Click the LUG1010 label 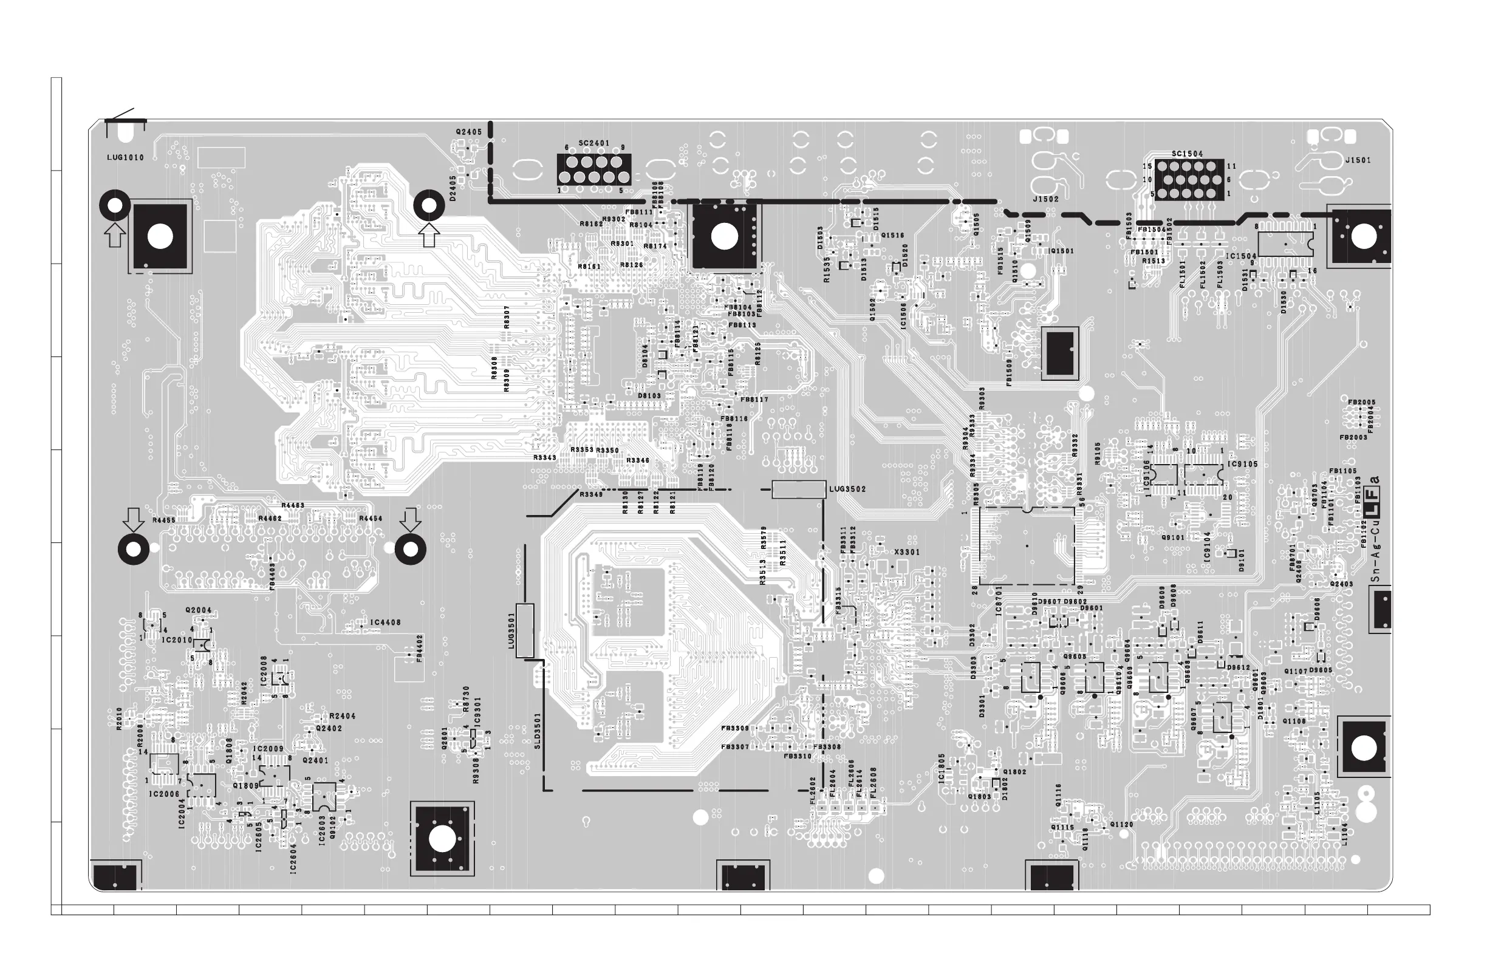126,157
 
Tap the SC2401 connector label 593,144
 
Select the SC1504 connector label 1187,154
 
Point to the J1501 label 1358,160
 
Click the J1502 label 1046,200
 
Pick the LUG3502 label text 848,489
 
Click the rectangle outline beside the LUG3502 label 799,490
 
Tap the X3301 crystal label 906,552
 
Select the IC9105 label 1243,465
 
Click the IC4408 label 386,623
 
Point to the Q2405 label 468,132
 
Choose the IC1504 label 1240,256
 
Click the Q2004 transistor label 198,610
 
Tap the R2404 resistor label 343,717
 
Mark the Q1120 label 1121,825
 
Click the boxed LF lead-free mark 1374,509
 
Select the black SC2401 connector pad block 593,169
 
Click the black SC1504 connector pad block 1189,180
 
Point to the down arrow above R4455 132,519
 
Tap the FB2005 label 1361,403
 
